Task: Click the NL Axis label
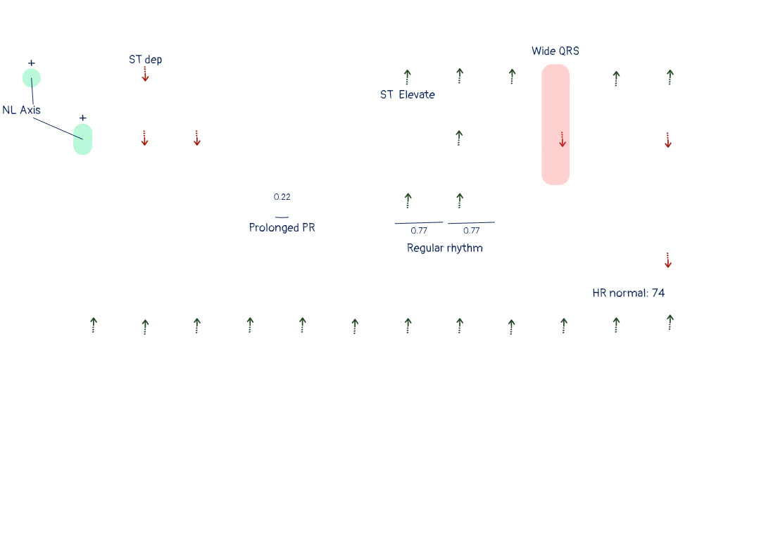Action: [22, 110]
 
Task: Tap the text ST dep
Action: [146, 60]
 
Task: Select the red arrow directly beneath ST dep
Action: [145, 74]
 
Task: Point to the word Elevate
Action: [417, 95]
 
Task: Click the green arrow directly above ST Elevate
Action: [408, 77]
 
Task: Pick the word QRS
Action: [569, 51]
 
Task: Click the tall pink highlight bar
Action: [555, 125]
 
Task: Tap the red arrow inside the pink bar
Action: [563, 139]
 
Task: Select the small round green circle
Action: [32, 78]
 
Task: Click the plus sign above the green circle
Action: [31, 63]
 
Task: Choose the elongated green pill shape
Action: [83, 139]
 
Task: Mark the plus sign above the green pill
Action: [83, 117]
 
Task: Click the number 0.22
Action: [282, 197]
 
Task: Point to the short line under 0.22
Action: [282, 217]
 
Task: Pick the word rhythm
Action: [465, 248]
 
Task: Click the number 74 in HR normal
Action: [658, 293]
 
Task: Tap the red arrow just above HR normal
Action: [668, 260]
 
